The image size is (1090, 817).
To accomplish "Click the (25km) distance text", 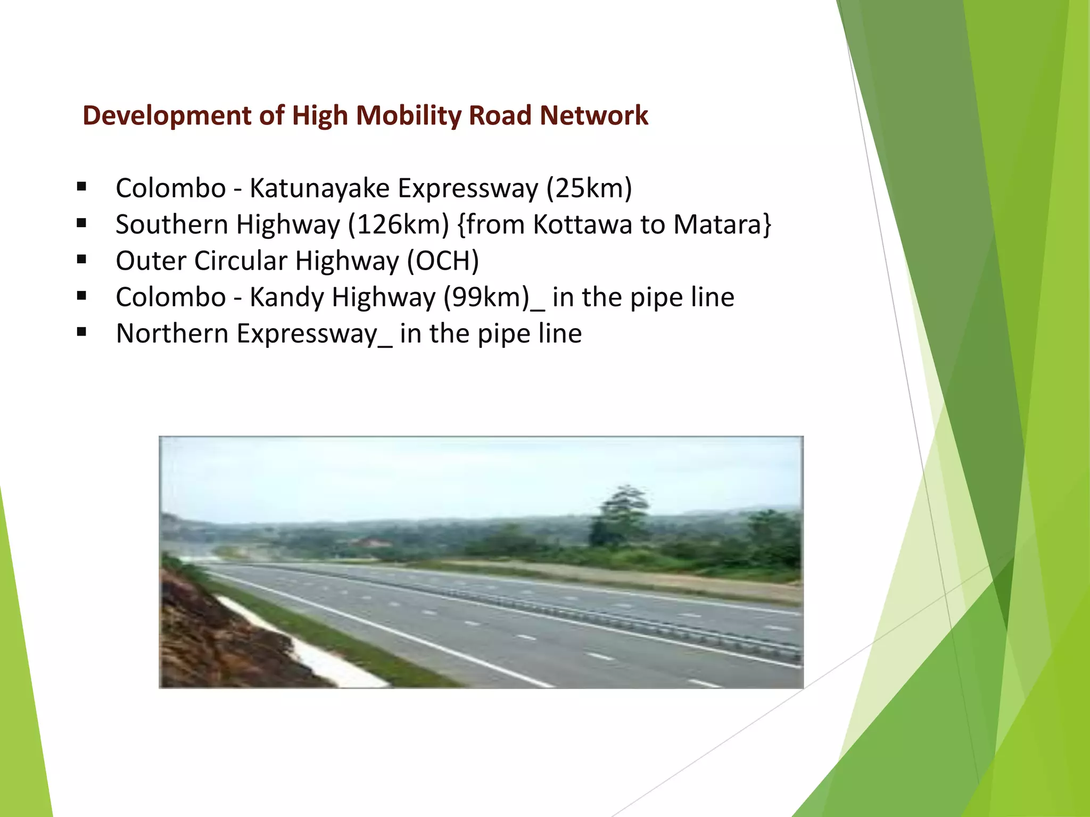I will (589, 188).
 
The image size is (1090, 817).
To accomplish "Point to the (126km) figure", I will (399, 224).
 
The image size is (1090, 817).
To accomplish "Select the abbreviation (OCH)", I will (443, 261).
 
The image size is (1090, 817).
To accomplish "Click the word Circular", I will (241, 261).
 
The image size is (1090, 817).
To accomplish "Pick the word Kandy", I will (286, 297).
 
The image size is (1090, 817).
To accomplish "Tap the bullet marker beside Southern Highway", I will (81, 223).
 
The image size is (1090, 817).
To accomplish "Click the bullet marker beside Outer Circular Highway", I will (81, 260).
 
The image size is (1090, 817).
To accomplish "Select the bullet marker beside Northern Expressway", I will (81, 332).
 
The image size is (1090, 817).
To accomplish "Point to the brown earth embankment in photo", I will (213, 638).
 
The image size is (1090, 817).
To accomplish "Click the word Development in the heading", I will (167, 115).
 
